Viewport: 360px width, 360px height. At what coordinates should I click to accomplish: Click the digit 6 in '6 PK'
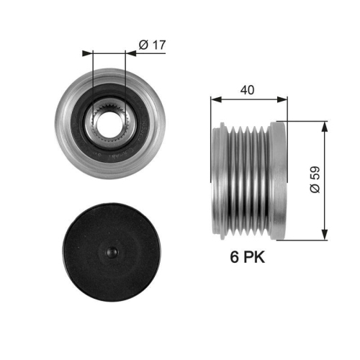tap(233, 257)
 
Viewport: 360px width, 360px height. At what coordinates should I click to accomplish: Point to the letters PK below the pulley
tap(253, 257)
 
